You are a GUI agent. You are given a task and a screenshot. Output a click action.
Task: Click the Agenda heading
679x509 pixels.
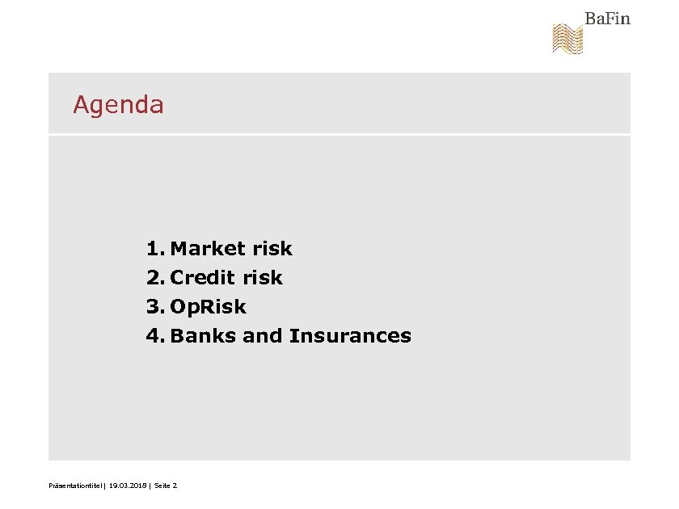[x=118, y=105]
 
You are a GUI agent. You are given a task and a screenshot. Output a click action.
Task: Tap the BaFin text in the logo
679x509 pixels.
[x=607, y=19]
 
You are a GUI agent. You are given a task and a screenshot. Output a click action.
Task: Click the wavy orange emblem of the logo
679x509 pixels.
[x=567, y=39]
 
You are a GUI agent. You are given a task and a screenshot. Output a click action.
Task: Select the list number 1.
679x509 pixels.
[x=154, y=249]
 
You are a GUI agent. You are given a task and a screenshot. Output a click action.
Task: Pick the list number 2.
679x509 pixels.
[x=154, y=278]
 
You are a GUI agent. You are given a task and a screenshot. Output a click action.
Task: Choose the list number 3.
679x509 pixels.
[x=154, y=307]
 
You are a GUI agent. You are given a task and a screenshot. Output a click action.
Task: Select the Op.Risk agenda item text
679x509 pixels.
[x=208, y=307]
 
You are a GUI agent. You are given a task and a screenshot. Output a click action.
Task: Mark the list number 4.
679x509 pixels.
[x=154, y=336]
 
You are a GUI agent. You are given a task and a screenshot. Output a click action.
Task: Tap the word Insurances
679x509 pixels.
[x=350, y=336]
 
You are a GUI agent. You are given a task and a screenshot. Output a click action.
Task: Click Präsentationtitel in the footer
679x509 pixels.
[x=75, y=486]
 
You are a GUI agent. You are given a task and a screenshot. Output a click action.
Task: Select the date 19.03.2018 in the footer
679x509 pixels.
[x=127, y=486]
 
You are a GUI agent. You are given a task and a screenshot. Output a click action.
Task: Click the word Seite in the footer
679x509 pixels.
[x=162, y=486]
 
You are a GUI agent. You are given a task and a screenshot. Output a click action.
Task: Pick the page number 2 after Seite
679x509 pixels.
[x=175, y=486]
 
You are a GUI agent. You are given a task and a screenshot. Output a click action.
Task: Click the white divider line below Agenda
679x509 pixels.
[x=339, y=134]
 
